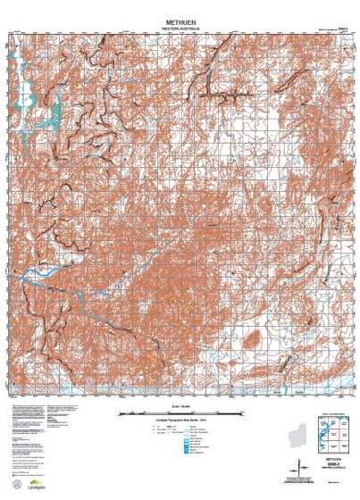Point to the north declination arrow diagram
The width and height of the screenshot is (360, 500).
pos(298,468)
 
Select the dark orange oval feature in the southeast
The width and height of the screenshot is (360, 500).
pos(254,338)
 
